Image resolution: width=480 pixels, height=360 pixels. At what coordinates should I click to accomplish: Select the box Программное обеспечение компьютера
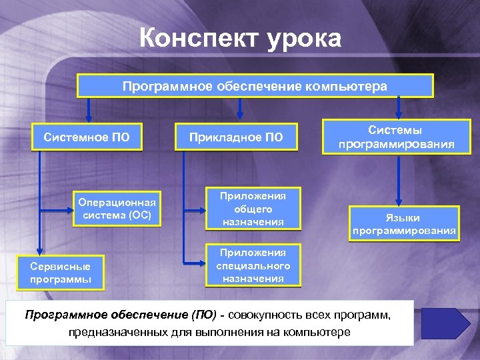coord(255,86)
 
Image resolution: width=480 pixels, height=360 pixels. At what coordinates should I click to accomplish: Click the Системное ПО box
coord(86,137)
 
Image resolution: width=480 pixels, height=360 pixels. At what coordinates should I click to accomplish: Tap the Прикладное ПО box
coord(236,137)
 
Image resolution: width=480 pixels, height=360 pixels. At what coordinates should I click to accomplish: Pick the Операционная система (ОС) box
coord(117,209)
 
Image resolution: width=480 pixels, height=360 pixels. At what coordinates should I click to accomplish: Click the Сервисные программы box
coord(61,272)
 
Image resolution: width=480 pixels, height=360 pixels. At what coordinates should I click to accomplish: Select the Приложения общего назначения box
coord(253,209)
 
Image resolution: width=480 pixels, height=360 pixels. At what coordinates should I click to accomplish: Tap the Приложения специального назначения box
coord(253,265)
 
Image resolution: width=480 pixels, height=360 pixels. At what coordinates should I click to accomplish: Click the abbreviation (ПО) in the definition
coord(205,315)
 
